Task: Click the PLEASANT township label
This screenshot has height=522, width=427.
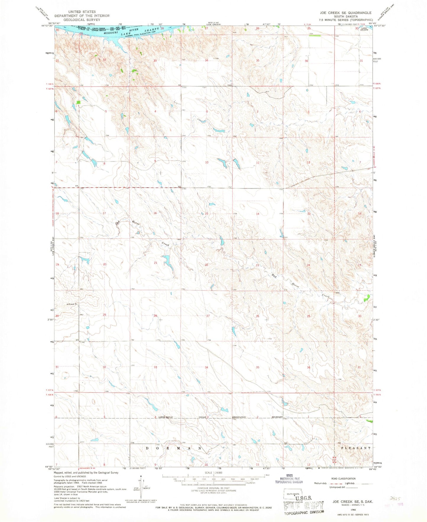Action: click(355, 448)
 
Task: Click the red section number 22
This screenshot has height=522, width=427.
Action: click(207, 265)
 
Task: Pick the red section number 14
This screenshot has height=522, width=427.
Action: click(257, 214)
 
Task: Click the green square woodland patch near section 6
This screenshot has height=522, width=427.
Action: click(78, 102)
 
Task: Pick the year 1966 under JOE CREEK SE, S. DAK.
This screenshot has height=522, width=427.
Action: click(345, 510)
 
